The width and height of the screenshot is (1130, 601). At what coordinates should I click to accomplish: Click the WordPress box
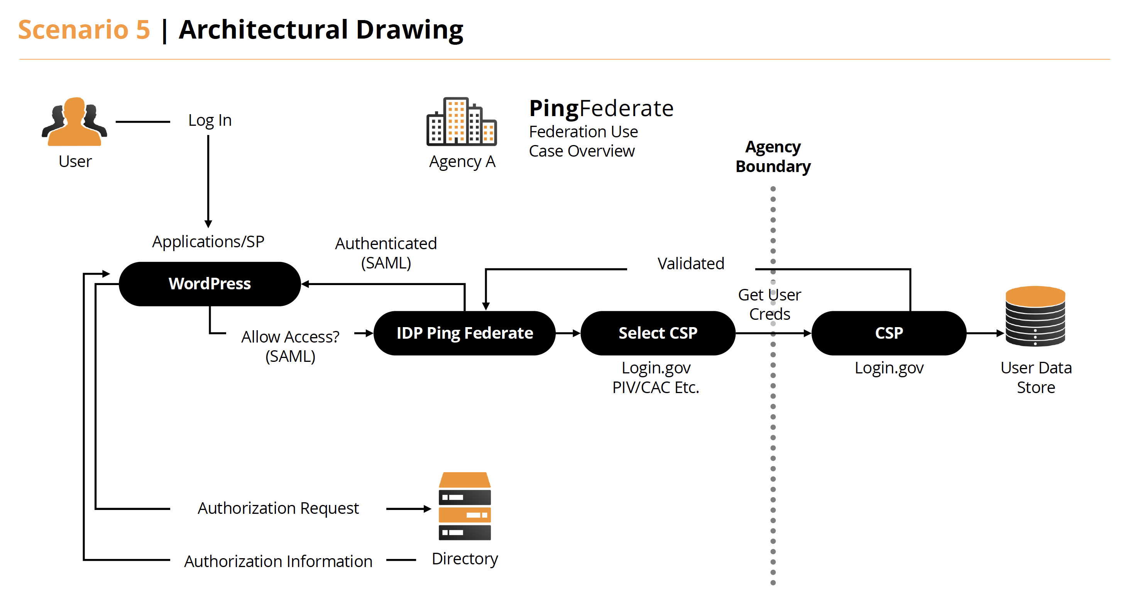(210, 284)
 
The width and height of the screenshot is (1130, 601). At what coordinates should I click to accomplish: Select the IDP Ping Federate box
(465, 333)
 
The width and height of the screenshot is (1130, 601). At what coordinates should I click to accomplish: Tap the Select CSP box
(658, 333)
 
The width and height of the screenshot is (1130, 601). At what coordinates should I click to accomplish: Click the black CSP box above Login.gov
(889, 333)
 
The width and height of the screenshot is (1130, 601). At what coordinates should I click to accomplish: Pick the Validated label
(690, 263)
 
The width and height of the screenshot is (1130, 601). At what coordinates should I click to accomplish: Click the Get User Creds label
(770, 304)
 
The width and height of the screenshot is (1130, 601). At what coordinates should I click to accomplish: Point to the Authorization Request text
(278, 508)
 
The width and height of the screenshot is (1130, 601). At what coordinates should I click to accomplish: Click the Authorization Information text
(278, 561)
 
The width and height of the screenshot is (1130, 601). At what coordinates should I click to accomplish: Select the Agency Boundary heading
(773, 157)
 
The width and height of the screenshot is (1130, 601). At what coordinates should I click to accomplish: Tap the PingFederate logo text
(601, 108)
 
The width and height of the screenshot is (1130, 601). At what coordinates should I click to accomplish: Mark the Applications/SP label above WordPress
(208, 241)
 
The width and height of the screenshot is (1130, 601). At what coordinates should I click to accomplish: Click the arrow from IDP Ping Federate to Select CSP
(568, 334)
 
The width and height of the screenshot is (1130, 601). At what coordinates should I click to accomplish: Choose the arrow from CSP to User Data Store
(985, 334)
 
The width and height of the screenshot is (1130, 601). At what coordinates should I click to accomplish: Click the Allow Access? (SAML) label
(290, 346)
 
